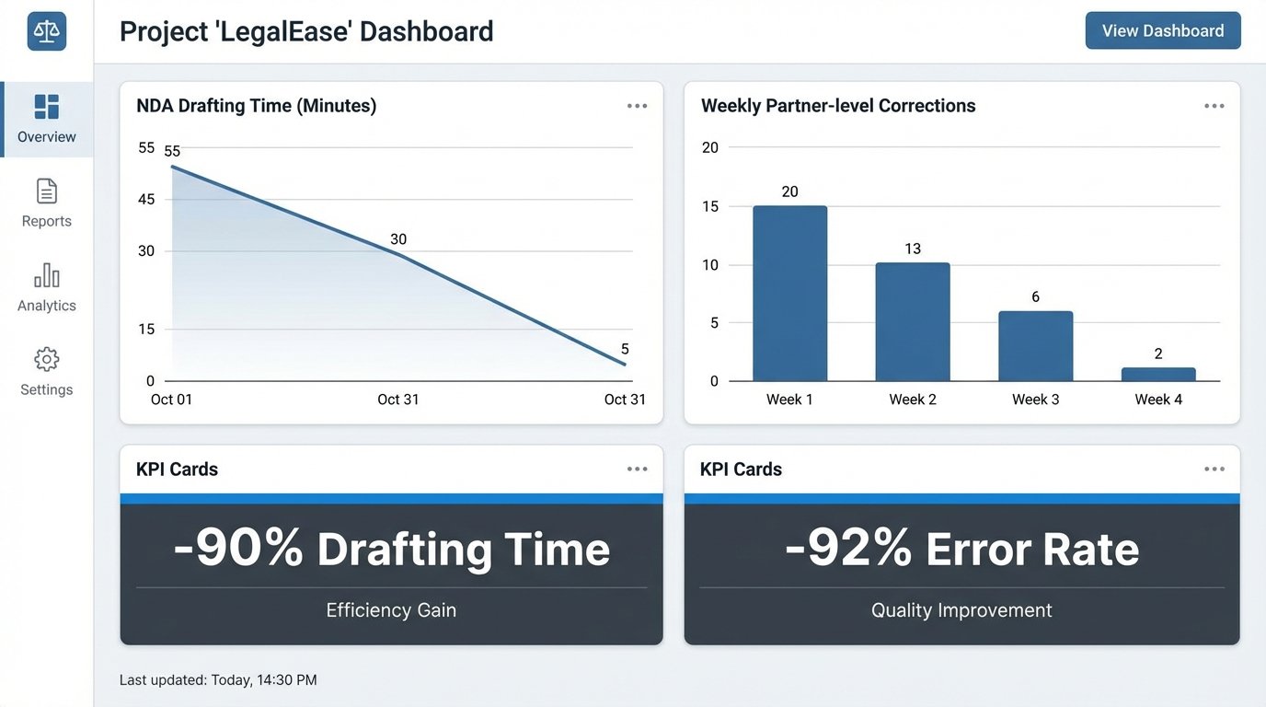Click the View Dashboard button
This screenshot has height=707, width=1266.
(x=1163, y=30)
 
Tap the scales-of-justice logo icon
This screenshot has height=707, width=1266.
(x=47, y=31)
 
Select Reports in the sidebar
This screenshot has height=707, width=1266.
(x=47, y=203)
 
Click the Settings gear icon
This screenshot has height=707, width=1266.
(x=47, y=360)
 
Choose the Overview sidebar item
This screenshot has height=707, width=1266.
(x=47, y=120)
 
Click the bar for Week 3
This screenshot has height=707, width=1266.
(x=1035, y=346)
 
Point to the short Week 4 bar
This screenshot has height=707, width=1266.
(x=1158, y=375)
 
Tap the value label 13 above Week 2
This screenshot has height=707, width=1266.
(x=913, y=249)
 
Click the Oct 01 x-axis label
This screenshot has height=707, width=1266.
(x=172, y=400)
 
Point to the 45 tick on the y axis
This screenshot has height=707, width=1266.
(x=146, y=199)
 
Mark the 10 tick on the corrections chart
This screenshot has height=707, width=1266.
(x=709, y=265)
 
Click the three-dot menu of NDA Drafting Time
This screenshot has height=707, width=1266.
(x=637, y=106)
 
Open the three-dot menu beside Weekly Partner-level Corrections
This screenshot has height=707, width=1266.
(x=1214, y=106)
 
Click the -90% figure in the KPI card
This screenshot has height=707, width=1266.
(x=238, y=549)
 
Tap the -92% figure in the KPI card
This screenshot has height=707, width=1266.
(x=848, y=549)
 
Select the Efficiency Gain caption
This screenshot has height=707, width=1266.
(x=391, y=610)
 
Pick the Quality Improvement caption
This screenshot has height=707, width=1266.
(x=961, y=610)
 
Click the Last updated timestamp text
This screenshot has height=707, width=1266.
(x=218, y=680)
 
